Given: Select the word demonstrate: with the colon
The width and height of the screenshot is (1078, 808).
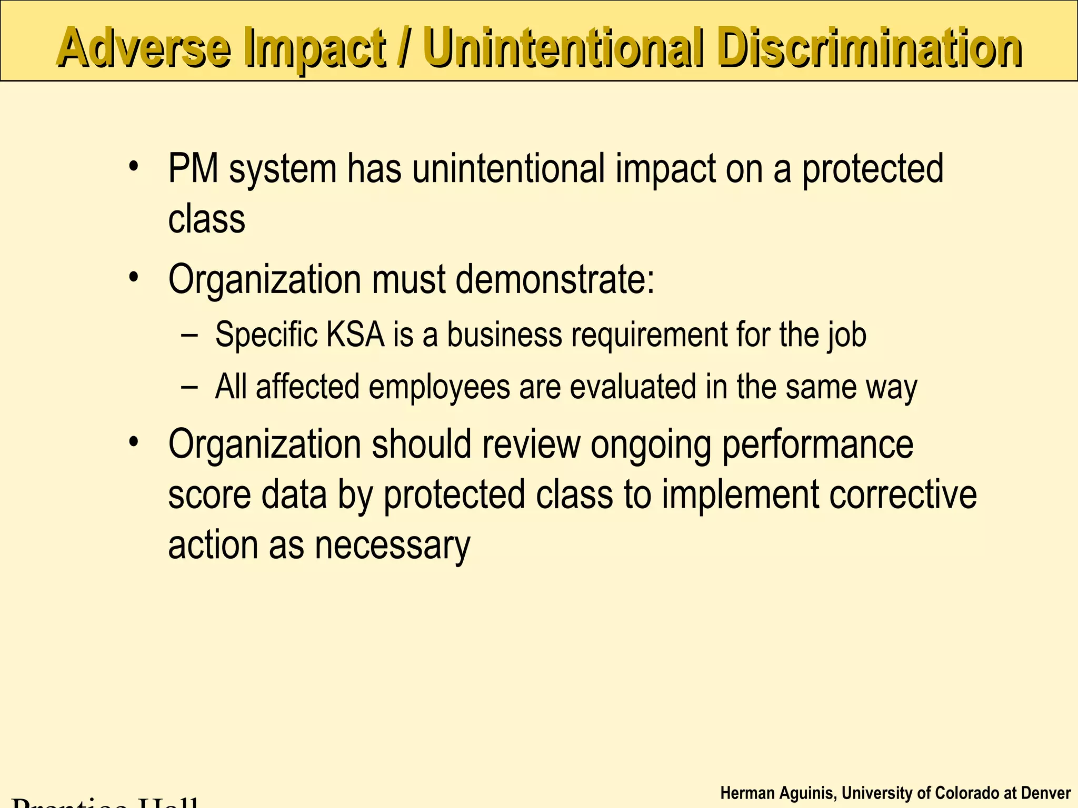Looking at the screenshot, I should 555,279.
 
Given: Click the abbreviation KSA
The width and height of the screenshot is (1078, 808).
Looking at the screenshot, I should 356,334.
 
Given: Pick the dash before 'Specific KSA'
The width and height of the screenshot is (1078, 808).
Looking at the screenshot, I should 189,335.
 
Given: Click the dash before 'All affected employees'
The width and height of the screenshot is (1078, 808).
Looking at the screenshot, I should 189,387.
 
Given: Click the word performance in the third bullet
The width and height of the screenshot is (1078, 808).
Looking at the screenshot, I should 817,445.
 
